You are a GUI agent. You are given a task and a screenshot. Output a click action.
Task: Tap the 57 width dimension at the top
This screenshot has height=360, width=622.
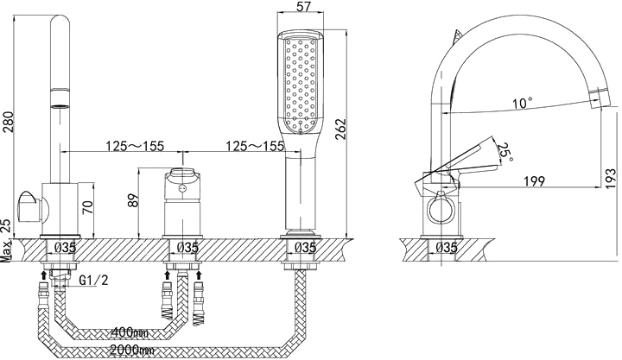tap(304, 7)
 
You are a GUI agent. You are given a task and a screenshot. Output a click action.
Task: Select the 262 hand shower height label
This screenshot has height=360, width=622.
tap(340, 129)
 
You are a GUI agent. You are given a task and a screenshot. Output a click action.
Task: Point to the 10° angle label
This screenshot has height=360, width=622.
tap(522, 103)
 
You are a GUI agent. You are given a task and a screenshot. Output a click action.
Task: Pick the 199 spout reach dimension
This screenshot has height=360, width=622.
tap(535, 181)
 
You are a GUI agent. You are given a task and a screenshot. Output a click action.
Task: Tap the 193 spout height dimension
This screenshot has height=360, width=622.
tap(612, 180)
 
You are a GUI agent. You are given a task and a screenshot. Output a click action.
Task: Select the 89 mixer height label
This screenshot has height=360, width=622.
tap(134, 200)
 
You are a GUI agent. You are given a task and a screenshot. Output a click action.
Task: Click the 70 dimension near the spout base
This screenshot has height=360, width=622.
tap(88, 207)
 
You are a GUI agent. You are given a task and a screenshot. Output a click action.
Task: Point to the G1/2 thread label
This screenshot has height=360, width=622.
tap(93, 281)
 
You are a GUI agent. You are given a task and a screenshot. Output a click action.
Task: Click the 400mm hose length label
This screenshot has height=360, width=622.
tap(130, 332)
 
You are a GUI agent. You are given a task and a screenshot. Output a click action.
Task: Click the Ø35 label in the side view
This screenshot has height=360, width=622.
tap(447, 248)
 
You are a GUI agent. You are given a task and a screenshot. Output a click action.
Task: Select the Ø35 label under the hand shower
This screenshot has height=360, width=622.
tap(306, 248)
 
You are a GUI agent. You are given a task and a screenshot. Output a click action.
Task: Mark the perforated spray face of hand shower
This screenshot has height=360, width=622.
tap(301, 84)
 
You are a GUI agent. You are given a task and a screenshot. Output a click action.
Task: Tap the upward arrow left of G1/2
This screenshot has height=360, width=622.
tap(44, 275)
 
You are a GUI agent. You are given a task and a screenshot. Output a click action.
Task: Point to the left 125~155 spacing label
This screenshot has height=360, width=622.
tap(135, 146)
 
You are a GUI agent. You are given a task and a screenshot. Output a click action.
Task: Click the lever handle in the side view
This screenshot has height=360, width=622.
tap(456, 167)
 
